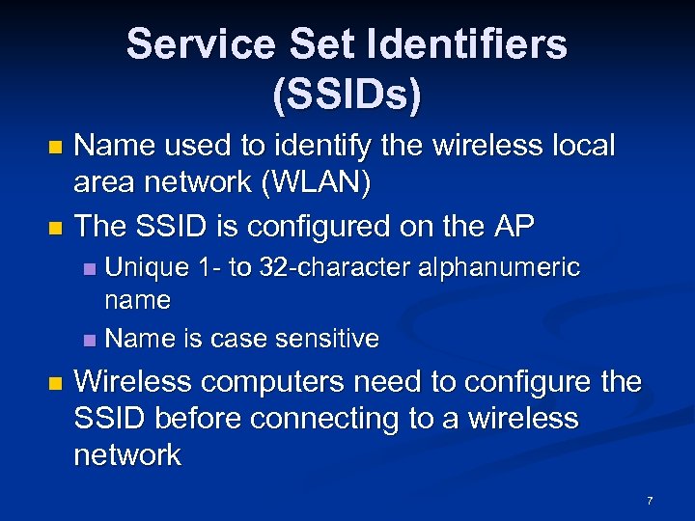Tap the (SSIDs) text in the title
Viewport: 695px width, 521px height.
click(347, 95)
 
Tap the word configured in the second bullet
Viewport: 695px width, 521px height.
click(324, 226)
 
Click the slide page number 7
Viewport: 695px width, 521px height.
click(650, 501)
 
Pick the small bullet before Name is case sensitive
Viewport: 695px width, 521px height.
click(89, 341)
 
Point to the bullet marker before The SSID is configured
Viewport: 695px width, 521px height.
click(54, 229)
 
